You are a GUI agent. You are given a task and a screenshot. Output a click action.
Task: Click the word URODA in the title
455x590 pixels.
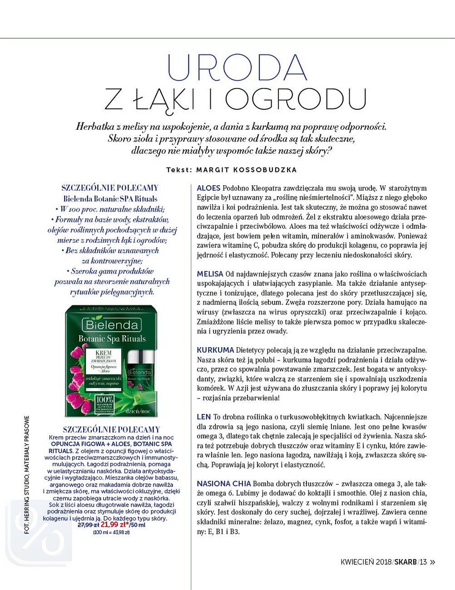(237, 68)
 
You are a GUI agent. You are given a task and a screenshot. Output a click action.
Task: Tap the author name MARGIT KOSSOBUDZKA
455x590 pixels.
(246, 170)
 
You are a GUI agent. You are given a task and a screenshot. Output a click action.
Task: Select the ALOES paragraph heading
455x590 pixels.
(208, 188)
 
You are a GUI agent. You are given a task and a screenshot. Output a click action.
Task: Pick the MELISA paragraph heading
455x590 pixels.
(210, 274)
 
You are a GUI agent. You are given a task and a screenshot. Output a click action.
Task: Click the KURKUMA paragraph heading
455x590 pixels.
(215, 350)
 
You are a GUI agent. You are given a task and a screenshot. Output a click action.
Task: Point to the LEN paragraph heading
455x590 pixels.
(204, 417)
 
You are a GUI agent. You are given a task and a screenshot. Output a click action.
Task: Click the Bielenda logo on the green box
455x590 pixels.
(110, 324)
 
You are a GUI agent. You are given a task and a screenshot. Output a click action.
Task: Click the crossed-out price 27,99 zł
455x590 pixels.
(89, 525)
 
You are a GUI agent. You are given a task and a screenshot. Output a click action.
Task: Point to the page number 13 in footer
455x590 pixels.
(423, 562)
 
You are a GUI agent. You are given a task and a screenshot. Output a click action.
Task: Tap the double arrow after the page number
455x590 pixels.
(432, 562)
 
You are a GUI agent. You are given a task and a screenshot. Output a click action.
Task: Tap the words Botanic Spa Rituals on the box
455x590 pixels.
(112, 339)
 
